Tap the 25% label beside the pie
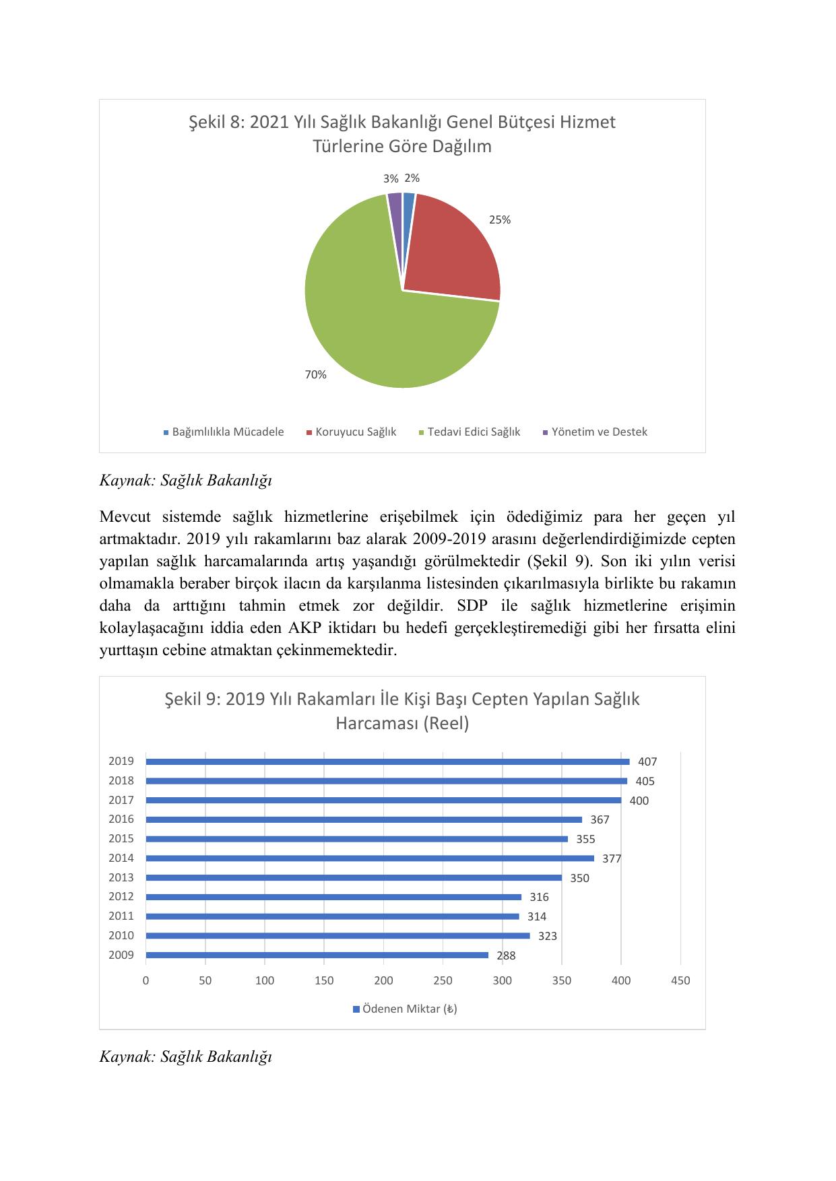click(x=500, y=220)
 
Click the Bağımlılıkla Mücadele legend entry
click(x=224, y=432)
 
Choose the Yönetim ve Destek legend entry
click(x=595, y=432)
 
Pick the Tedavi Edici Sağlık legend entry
click(x=470, y=432)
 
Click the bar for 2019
click(x=387, y=762)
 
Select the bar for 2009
click(x=317, y=955)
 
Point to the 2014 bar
click(x=369, y=858)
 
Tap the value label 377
click(x=612, y=858)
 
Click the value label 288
click(x=506, y=955)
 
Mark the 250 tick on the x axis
click(x=443, y=980)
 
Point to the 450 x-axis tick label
click(x=680, y=980)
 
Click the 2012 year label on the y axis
click(x=121, y=896)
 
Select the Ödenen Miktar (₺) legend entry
click(x=405, y=1009)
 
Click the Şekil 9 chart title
click(x=402, y=711)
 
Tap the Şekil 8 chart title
click(x=402, y=134)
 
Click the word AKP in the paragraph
click(x=305, y=628)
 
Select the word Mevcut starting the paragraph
click(x=126, y=516)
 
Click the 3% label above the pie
click(x=391, y=178)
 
